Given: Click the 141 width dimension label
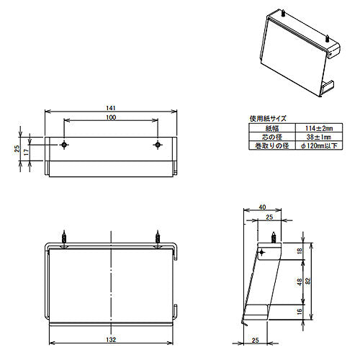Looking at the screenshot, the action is click(x=111, y=108).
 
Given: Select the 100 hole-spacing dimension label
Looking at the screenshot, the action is click(x=111, y=117).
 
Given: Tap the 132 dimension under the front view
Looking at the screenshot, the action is click(x=111, y=340).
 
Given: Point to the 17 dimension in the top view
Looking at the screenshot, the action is click(x=27, y=152).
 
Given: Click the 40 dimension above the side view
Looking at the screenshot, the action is click(x=262, y=207).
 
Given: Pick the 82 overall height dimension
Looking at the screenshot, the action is click(x=308, y=281).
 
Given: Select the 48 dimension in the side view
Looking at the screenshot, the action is click(x=300, y=282).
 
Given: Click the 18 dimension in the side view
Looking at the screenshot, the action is click(x=300, y=251).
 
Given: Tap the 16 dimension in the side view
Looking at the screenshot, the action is click(x=300, y=312).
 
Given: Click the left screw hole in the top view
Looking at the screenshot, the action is click(x=64, y=145).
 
